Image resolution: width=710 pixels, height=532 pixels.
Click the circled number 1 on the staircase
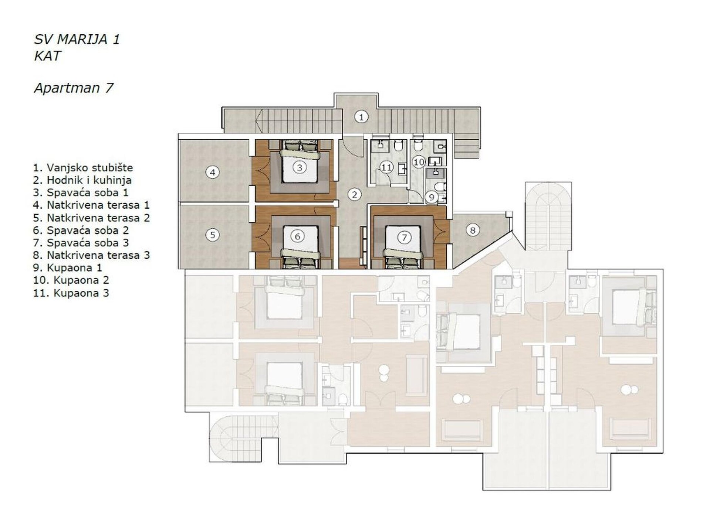[x=361, y=117]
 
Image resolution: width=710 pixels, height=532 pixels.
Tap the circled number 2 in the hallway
[x=355, y=195]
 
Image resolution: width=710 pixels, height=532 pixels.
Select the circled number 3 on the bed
[x=300, y=168]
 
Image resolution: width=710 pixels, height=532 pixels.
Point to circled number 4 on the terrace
[x=212, y=172]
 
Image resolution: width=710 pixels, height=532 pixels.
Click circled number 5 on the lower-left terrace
[x=212, y=235]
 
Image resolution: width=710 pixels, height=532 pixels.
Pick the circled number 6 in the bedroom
[x=298, y=236]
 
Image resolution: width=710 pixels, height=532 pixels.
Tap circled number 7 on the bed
[x=404, y=238]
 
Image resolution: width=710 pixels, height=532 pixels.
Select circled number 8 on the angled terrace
[x=473, y=231]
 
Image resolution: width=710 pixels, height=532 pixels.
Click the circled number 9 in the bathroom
[x=431, y=197]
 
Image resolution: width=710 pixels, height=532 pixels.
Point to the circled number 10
[x=419, y=162]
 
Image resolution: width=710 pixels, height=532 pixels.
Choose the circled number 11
[x=386, y=168]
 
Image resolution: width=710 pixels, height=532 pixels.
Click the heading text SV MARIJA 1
[x=77, y=40]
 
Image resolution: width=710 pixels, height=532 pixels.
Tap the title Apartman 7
[x=74, y=88]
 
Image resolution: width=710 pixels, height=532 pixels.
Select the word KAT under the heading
[x=47, y=56]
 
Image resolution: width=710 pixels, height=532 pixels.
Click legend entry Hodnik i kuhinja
[x=82, y=180]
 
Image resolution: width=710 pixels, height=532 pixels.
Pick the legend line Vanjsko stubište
[x=83, y=168]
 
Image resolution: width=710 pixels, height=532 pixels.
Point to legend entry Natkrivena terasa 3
[x=91, y=255]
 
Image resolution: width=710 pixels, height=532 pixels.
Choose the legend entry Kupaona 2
[x=71, y=280]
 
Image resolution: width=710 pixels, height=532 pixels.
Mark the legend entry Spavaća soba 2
[x=81, y=231]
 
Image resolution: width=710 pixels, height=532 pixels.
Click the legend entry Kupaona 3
[x=71, y=293]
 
